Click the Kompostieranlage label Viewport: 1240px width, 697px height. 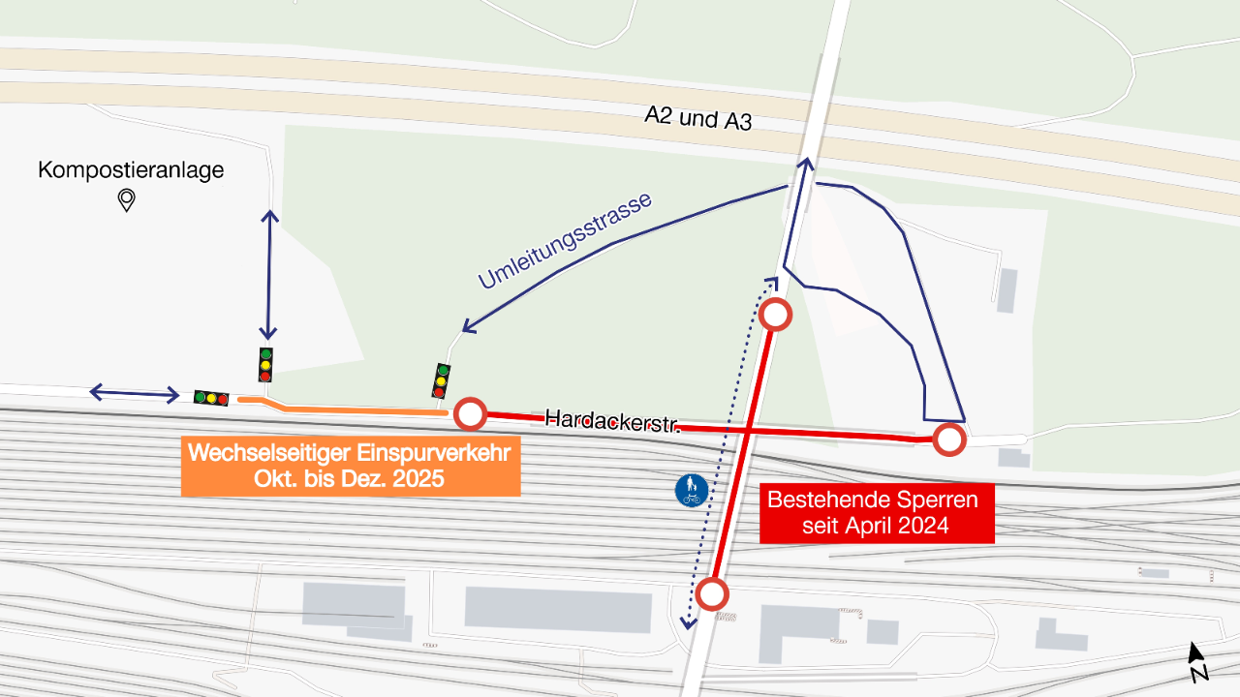pos(131,171)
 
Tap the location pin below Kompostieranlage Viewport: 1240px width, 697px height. pos(126,200)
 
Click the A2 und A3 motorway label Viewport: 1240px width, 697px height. pos(697,119)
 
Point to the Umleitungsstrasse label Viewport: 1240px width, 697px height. pos(565,241)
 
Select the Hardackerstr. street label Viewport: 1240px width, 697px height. pos(610,421)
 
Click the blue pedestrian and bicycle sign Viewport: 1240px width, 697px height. pos(691,490)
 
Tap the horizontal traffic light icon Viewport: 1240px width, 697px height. pos(210,398)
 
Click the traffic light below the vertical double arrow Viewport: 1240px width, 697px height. pos(265,365)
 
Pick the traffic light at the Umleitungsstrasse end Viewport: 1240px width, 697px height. pos(441,380)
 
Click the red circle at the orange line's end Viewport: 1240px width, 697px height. pos(470,413)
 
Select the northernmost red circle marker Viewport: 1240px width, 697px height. pos(776,314)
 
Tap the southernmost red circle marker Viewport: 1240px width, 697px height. pos(712,593)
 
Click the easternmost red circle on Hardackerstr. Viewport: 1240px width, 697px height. pos(949,439)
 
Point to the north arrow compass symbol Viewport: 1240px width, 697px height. pos(1197,662)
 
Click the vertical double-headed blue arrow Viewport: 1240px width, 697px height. pos(269,275)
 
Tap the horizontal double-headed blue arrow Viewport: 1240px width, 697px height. pos(134,393)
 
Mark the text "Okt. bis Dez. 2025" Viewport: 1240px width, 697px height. pos(349,479)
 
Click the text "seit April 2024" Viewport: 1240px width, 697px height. pos(876,527)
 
